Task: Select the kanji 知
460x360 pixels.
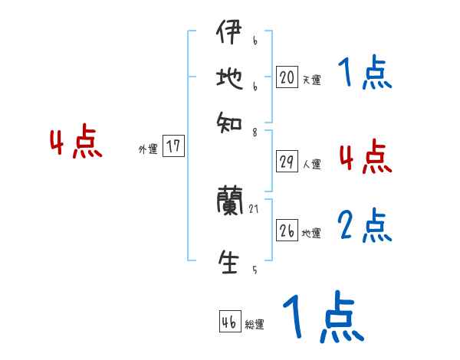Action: coord(228,119)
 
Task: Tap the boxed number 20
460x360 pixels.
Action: coord(287,77)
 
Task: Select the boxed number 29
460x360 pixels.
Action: coord(287,162)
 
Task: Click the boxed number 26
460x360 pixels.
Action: coord(287,231)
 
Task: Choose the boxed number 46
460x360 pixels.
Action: coord(229,322)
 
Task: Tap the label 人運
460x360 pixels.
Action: coord(311,164)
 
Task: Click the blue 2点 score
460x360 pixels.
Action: coord(364,227)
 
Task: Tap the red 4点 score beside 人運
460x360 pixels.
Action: coord(364,158)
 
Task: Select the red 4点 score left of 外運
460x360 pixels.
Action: coord(75,143)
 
